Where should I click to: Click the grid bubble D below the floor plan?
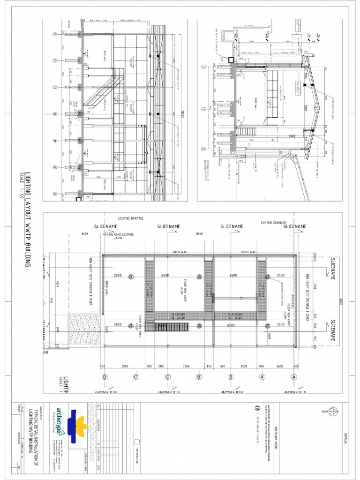click(x=105, y=376)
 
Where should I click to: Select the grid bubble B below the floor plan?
click(x=231, y=376)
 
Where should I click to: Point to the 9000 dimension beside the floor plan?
click(x=342, y=302)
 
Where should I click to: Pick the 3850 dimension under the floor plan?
click(x=125, y=366)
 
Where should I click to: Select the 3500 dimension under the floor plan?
click(x=186, y=366)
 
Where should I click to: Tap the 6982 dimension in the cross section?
click(x=292, y=136)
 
